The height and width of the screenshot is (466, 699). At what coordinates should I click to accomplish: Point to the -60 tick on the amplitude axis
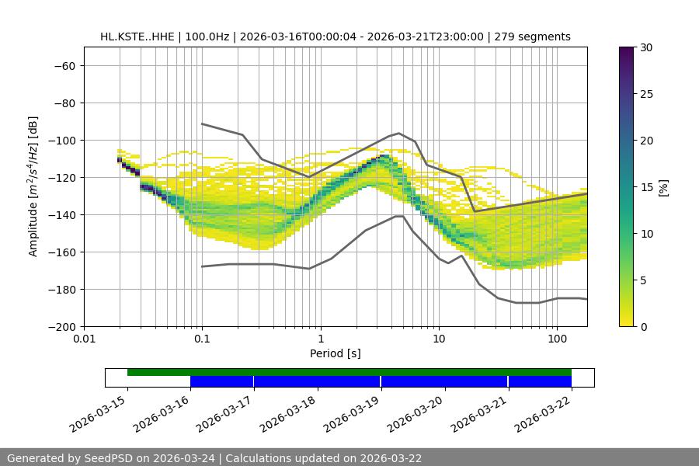pyautogui.click(x=64, y=65)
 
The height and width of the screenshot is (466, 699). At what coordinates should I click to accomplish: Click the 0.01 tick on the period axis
pyautogui.click(x=84, y=339)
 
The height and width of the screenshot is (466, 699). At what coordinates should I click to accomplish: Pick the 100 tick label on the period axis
pyautogui.click(x=557, y=339)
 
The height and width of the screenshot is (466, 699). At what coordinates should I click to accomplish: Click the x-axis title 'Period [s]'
pyautogui.click(x=335, y=353)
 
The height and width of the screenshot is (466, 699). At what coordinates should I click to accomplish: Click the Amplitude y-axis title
pyautogui.click(x=33, y=186)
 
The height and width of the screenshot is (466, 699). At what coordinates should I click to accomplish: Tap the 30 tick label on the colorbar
pyautogui.click(x=644, y=47)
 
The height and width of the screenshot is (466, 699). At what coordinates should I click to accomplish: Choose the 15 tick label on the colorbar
pyautogui.click(x=644, y=187)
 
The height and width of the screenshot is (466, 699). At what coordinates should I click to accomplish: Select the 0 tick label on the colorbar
pyautogui.click(x=641, y=326)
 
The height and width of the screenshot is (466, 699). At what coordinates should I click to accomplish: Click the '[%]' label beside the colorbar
pyautogui.click(x=663, y=187)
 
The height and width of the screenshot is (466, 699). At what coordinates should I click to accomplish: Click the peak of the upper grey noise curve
pyautogui.click(x=398, y=133)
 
